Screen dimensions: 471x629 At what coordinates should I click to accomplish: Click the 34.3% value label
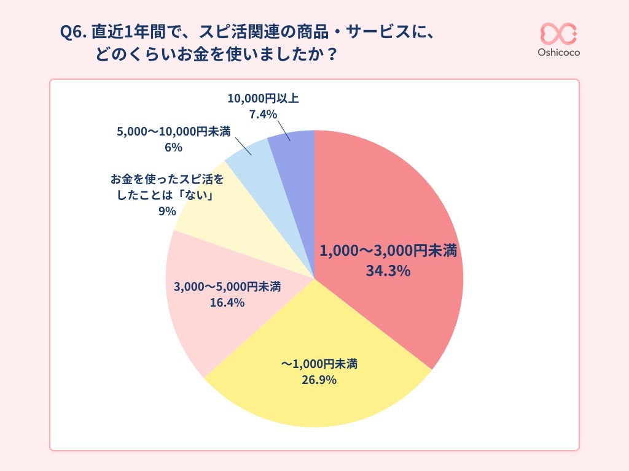(x=388, y=270)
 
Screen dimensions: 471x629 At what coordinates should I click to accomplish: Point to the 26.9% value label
(x=319, y=380)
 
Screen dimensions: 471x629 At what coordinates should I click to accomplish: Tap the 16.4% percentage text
(x=227, y=302)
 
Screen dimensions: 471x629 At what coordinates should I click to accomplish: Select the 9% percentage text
(x=166, y=212)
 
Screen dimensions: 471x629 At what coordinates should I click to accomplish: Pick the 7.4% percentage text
(x=263, y=115)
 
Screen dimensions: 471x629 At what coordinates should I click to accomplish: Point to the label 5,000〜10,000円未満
(x=173, y=132)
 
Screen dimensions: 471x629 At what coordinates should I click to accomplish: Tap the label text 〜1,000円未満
(x=319, y=364)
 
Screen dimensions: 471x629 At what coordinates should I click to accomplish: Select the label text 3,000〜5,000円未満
(x=227, y=286)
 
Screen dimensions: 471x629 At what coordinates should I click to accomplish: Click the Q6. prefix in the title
(x=74, y=32)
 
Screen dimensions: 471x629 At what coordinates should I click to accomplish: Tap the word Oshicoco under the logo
(x=558, y=53)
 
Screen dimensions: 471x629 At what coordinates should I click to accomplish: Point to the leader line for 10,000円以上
(x=284, y=131)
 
